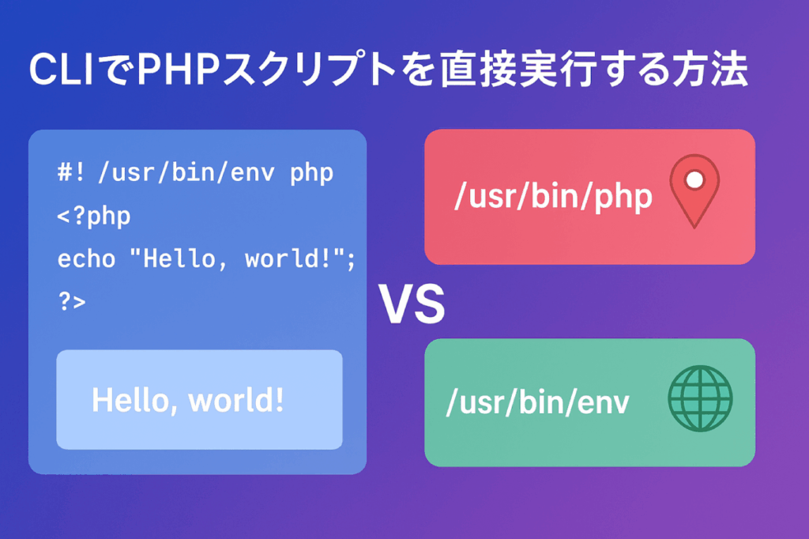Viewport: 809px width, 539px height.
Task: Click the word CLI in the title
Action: click(62, 70)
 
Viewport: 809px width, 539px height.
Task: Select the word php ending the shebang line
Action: click(311, 173)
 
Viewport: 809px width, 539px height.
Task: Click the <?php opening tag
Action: click(94, 216)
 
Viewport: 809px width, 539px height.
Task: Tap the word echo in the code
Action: click(86, 258)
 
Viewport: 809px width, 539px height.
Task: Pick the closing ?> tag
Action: click(72, 302)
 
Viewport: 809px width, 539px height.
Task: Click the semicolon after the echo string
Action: click(351, 260)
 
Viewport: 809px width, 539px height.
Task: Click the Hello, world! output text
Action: click(188, 400)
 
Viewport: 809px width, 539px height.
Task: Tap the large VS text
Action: click(412, 304)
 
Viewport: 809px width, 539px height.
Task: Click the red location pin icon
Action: click(694, 190)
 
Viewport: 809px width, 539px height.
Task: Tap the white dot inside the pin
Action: click(694, 179)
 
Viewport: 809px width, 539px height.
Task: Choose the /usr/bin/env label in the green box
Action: click(537, 402)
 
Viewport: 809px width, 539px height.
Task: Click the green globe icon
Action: click(700, 398)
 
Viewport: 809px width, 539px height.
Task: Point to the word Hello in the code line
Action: click(179, 258)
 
